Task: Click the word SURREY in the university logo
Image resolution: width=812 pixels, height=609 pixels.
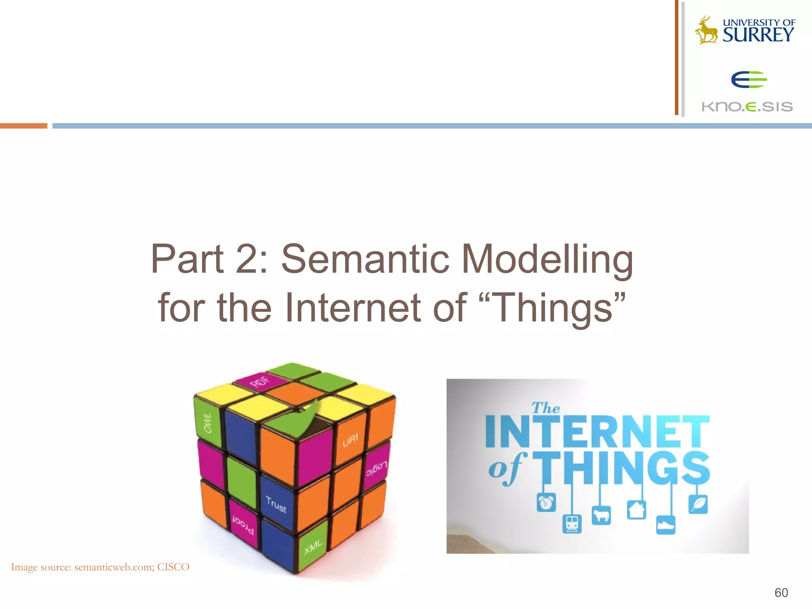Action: click(758, 35)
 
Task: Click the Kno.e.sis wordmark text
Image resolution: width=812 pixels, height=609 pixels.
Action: click(747, 107)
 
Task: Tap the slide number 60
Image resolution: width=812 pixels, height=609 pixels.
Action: click(781, 592)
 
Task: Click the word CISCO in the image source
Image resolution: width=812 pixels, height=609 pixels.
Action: click(173, 567)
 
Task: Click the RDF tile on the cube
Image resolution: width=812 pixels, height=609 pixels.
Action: click(260, 382)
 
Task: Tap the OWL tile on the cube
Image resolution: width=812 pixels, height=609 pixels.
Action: click(207, 423)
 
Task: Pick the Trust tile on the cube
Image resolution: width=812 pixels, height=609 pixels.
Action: click(276, 504)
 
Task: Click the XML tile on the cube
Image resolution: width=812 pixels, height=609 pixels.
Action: click(313, 547)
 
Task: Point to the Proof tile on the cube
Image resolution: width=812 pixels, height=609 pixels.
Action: click(243, 524)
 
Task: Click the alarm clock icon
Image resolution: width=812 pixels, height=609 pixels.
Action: click(546, 503)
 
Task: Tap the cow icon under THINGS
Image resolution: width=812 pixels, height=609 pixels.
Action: click(601, 515)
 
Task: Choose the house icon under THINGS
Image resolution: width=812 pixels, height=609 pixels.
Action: click(636, 509)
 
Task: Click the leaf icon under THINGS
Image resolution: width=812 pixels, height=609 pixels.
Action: click(698, 504)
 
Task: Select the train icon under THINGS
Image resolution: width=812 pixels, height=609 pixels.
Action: click(572, 524)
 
